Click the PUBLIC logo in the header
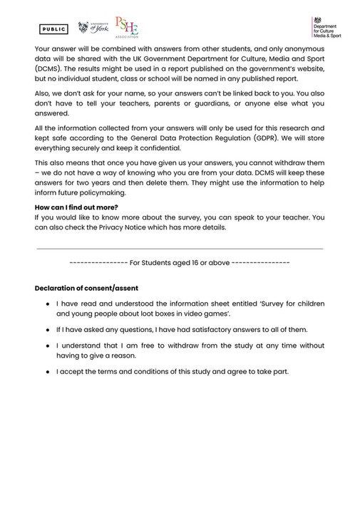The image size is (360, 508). [x=53, y=29]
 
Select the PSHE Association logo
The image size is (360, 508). [x=127, y=28]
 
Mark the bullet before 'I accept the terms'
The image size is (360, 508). [x=46, y=372]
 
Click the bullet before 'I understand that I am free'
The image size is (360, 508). [x=46, y=346]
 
